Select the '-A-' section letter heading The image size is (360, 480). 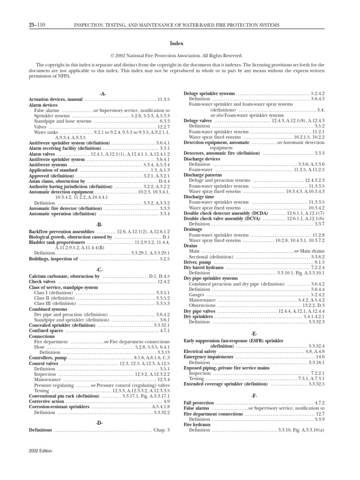coord(99,94)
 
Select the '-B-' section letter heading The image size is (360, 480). coord(99,225)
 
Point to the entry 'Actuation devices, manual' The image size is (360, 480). coord(56,100)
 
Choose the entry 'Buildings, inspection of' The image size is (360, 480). coord(52,258)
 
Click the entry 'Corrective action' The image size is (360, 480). coord(46,402)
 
